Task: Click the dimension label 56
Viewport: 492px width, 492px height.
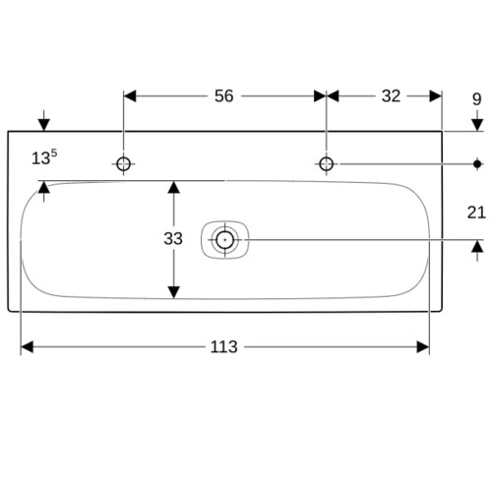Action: tap(223, 96)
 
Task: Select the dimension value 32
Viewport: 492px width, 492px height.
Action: tap(391, 96)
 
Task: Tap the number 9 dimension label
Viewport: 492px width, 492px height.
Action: tap(477, 99)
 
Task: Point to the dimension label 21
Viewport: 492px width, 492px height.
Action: tap(476, 213)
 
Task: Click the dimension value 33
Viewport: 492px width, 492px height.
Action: tap(173, 239)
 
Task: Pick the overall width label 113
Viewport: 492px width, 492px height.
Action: tap(223, 347)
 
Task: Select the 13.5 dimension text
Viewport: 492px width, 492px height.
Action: tap(44, 157)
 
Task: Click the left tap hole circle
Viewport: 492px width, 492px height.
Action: tap(123, 164)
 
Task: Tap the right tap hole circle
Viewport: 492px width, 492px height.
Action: tap(327, 164)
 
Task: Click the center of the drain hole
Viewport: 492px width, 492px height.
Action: tap(224, 240)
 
